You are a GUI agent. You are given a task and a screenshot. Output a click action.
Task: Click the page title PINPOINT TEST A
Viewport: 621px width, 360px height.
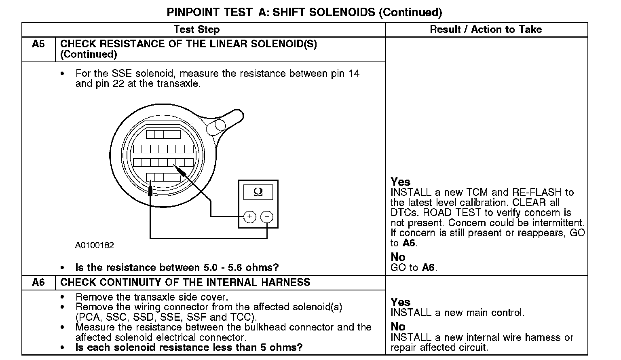[304, 12]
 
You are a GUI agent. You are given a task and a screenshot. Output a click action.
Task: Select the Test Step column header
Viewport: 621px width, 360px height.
[196, 29]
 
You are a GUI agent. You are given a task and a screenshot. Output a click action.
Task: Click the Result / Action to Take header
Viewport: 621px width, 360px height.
[486, 29]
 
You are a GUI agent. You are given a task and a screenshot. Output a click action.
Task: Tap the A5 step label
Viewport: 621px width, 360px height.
[38, 44]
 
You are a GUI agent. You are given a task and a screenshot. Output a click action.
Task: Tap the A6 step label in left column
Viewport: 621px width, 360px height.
[38, 282]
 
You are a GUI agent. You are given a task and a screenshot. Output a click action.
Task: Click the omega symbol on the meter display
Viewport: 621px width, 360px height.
[258, 192]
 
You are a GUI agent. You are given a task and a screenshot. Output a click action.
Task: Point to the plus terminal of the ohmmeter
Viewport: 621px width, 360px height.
[250, 217]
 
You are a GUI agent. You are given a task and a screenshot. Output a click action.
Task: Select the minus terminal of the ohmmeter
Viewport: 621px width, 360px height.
[266, 217]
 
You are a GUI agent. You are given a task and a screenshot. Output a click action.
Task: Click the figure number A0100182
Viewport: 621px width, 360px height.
[94, 245]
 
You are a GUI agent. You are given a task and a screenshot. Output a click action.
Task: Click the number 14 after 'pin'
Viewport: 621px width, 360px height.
[354, 74]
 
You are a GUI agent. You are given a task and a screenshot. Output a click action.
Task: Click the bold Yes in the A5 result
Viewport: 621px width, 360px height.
[400, 182]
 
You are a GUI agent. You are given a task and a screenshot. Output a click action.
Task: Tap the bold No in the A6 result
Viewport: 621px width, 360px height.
[398, 326]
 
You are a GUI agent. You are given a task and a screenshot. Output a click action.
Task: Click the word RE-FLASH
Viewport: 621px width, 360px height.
[537, 193]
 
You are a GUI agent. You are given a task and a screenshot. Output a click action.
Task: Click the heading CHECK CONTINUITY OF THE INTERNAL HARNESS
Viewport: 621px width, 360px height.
[185, 282]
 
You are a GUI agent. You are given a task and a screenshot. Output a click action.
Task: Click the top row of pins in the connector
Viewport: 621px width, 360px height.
[163, 134]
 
